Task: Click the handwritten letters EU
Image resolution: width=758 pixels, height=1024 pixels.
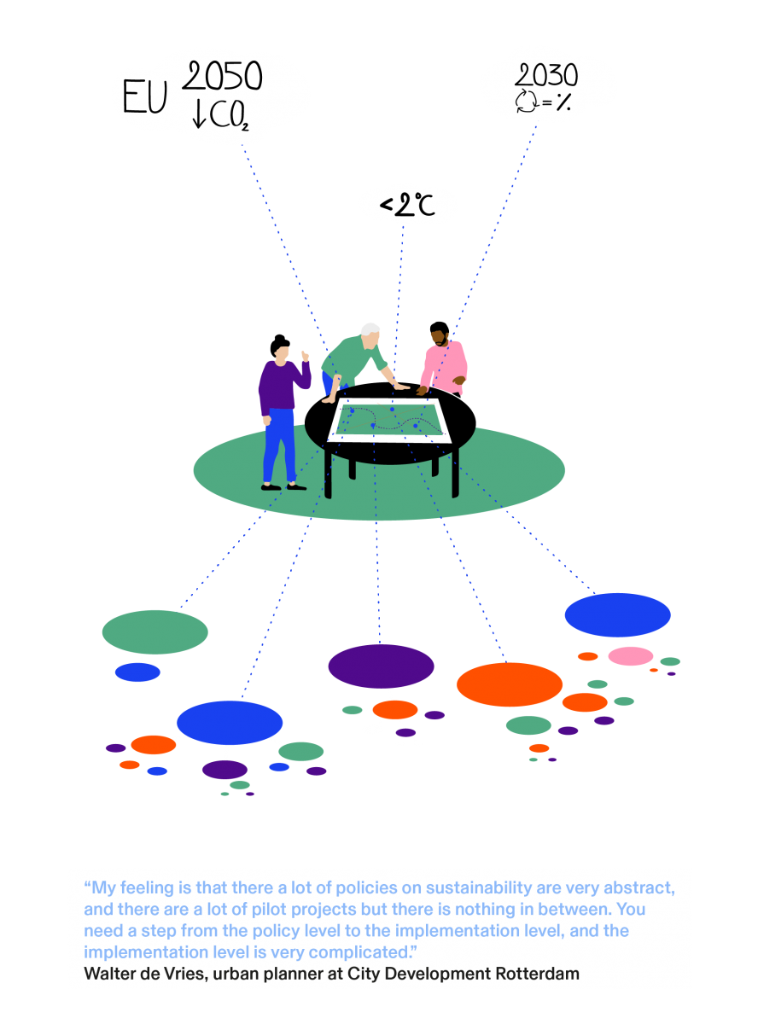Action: pos(144,96)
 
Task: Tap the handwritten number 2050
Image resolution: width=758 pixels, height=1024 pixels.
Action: pos(222,76)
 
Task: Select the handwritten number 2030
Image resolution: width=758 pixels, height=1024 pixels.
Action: pos(545,75)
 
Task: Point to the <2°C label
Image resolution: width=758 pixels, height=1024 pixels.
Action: pos(407,205)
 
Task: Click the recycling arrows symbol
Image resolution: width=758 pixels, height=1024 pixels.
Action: pos(526,101)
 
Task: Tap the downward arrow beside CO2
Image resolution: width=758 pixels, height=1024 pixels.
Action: pos(199,114)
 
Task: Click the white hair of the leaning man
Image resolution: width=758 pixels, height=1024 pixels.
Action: pos(370,329)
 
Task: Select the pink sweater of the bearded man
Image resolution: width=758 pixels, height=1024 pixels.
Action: pos(445,367)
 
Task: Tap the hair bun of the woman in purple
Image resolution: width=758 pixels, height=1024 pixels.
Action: pos(279,338)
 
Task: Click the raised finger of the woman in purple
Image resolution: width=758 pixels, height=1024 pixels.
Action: pos(304,356)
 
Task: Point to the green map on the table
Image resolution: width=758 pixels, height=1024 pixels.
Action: pos(389,420)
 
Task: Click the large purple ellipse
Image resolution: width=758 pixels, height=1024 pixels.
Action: pos(381,666)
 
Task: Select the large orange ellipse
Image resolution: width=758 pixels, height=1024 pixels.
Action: pos(509,684)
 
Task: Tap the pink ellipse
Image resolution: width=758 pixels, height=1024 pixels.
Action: pos(630,655)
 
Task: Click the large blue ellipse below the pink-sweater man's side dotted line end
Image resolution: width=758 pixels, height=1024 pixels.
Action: pos(617,614)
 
